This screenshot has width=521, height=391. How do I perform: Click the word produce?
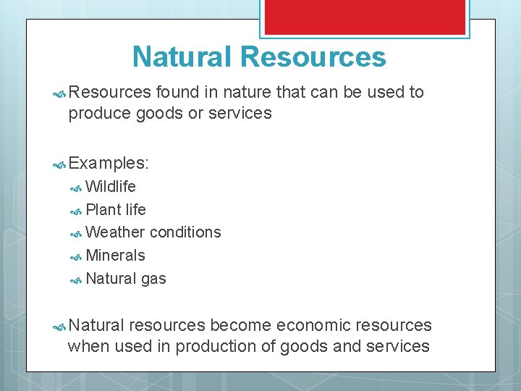[x=98, y=114]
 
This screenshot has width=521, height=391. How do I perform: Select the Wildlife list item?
[x=111, y=187]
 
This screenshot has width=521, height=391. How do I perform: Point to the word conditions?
[x=186, y=232]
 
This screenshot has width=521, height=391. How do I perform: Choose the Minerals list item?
[x=115, y=256]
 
